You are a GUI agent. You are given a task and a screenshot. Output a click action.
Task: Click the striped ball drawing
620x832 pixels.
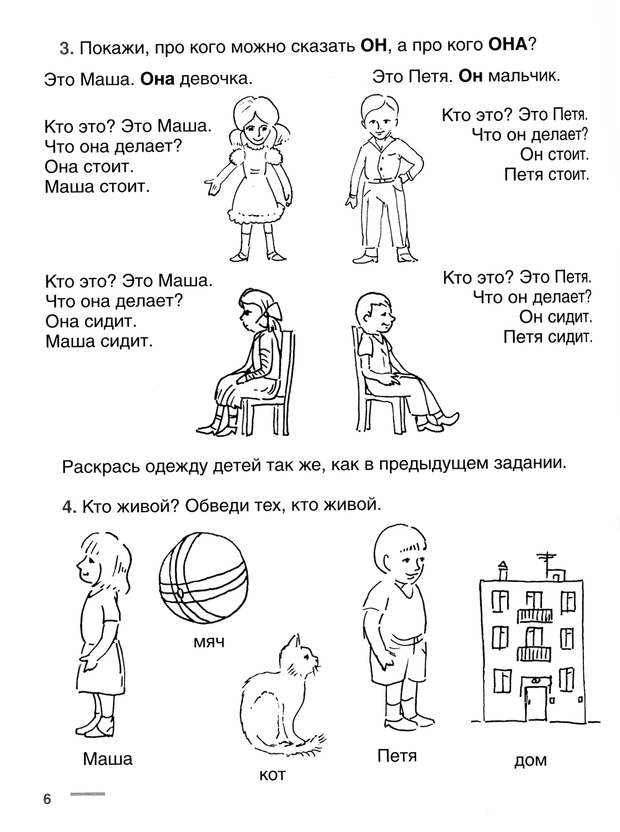[203, 579]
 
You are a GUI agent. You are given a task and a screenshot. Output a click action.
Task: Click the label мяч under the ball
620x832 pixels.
[209, 642]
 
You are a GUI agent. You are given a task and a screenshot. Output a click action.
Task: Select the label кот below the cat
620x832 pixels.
[272, 774]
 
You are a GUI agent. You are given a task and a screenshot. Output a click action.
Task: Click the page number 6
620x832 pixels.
[47, 799]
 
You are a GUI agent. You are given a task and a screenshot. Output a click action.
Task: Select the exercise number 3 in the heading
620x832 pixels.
[66, 49]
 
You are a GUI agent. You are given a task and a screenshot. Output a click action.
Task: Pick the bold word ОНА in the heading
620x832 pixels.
[507, 45]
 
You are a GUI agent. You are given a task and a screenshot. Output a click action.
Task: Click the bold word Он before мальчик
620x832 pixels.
[470, 77]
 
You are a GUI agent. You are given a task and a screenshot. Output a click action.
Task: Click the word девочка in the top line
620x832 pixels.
[216, 79]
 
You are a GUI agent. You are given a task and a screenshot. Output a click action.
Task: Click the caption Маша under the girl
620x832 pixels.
[108, 759]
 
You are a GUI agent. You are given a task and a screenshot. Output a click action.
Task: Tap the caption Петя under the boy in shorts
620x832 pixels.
[397, 756]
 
